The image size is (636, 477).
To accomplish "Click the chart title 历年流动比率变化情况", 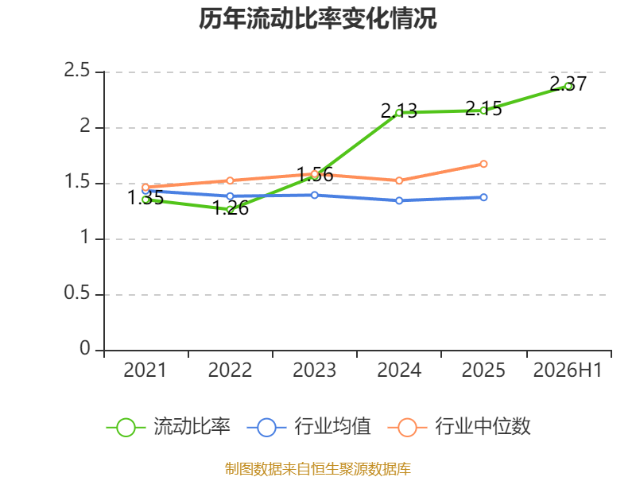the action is coord(317,18).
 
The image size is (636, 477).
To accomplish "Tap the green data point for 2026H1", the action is coord(568,86).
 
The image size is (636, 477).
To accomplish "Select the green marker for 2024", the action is coord(399,112).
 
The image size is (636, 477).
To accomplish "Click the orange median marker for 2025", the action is coord(483,164).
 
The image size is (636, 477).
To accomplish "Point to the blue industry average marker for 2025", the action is coord(483,197).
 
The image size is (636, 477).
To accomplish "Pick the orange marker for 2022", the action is coord(230,180).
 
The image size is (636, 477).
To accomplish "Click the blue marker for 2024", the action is coord(399,200).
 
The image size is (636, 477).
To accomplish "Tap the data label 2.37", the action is coord(568,84).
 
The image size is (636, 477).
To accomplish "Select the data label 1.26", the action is coord(231,208).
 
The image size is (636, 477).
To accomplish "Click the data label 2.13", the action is coord(399,111).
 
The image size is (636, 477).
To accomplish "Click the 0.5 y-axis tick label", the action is coord(76,293).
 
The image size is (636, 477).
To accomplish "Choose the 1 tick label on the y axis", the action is coord(85,237).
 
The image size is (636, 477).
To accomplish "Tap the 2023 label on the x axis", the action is coord(314,370).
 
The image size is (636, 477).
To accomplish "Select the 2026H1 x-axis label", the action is coord(568,370).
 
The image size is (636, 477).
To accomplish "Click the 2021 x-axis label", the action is coord(145,370).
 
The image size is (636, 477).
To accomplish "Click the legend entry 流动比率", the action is coord(169,427).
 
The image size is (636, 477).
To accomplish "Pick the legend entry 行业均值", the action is coord(308,427).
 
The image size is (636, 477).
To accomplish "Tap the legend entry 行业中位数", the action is coord(460,427).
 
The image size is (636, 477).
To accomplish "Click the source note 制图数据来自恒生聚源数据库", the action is coord(318,469).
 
